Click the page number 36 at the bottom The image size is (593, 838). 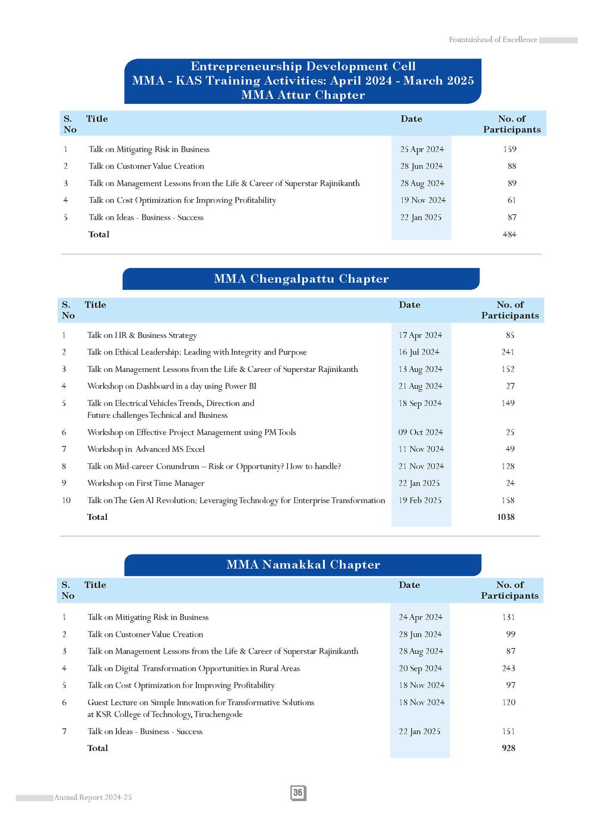click(x=298, y=793)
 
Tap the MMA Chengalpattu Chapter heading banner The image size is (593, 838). click(x=301, y=279)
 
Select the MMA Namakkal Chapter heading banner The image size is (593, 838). click(x=303, y=565)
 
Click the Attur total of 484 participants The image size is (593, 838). click(x=509, y=235)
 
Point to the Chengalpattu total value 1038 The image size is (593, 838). click(x=505, y=517)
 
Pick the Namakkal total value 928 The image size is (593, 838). click(x=508, y=748)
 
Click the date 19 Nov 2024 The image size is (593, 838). click(x=423, y=201)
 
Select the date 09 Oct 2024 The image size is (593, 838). click(x=420, y=432)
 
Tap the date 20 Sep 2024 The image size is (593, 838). click(x=420, y=668)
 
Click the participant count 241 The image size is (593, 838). click(x=508, y=352)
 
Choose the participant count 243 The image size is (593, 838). click(x=508, y=668)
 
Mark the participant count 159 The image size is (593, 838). click(x=509, y=149)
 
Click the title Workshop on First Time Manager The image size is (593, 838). click(x=146, y=483)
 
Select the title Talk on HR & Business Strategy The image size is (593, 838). click(x=142, y=335)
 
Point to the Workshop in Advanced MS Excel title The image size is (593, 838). click(x=146, y=449)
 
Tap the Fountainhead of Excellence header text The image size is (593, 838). click(x=493, y=40)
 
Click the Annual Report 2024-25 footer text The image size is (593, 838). click(x=93, y=797)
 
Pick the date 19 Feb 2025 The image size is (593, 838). click(x=420, y=500)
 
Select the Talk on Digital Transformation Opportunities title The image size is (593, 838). click(x=193, y=668)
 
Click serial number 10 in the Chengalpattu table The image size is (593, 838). click(x=66, y=500)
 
